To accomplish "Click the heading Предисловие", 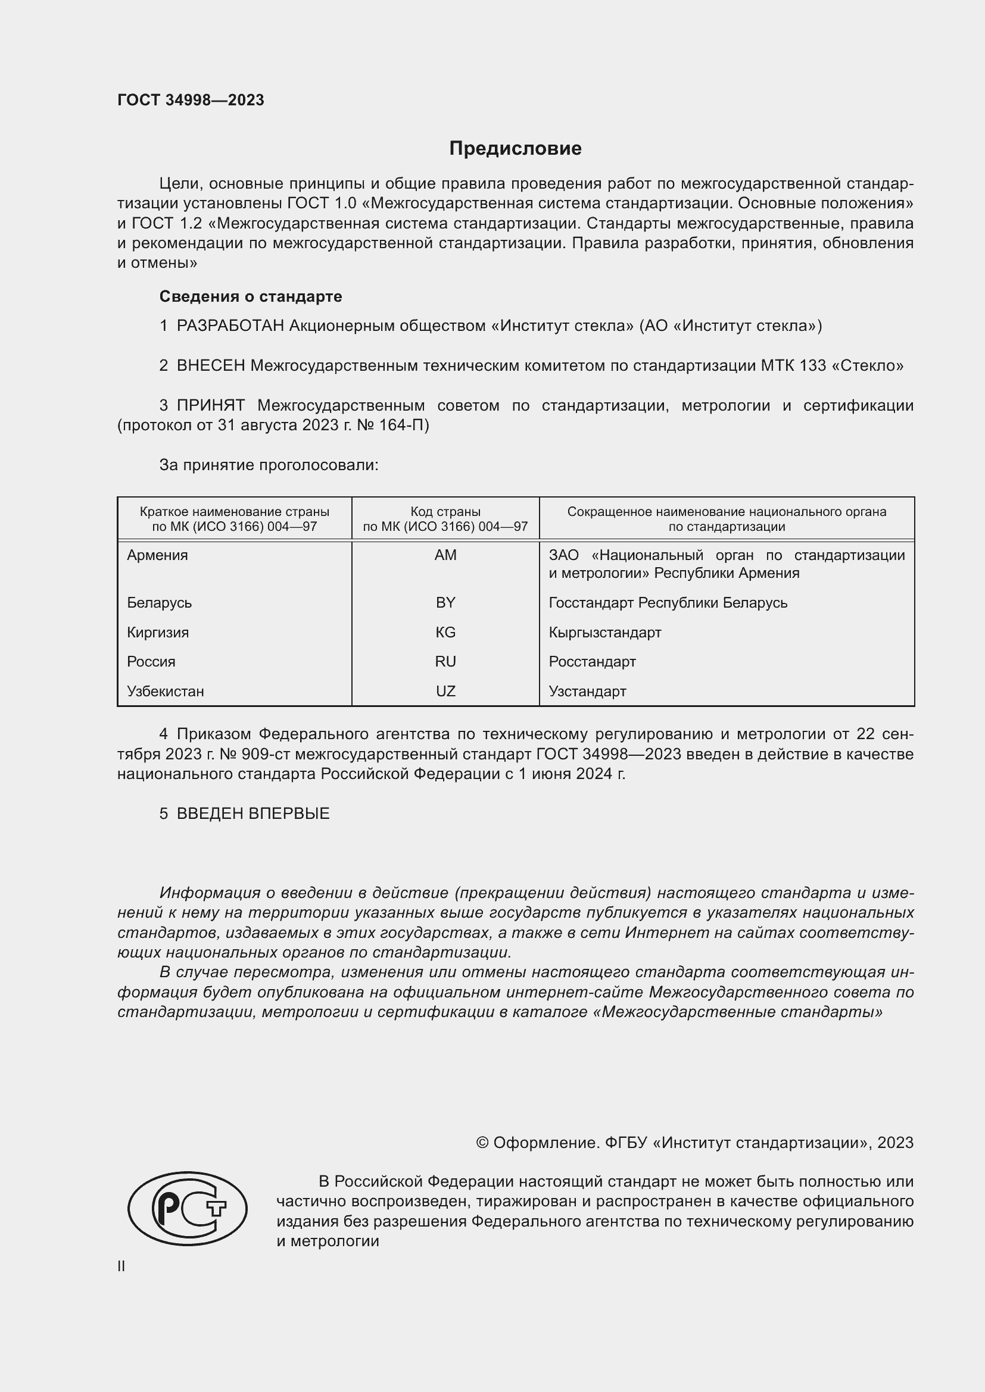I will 515,149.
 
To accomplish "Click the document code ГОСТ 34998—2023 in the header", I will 191,100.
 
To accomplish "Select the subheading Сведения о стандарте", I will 251,296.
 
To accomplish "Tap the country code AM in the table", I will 445,555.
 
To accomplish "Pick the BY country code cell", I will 445,603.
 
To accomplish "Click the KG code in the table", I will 445,633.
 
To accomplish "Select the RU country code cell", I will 445,661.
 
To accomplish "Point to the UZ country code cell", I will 445,691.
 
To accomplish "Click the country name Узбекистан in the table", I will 165,691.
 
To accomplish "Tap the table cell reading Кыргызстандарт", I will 604,633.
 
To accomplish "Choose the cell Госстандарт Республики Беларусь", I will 668,603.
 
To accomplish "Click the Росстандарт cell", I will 592,661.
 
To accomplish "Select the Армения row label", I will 157,555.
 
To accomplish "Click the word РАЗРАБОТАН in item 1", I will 230,326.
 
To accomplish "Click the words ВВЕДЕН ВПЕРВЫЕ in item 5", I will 253,814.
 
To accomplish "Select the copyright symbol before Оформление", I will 482,1143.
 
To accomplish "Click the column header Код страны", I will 445,511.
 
